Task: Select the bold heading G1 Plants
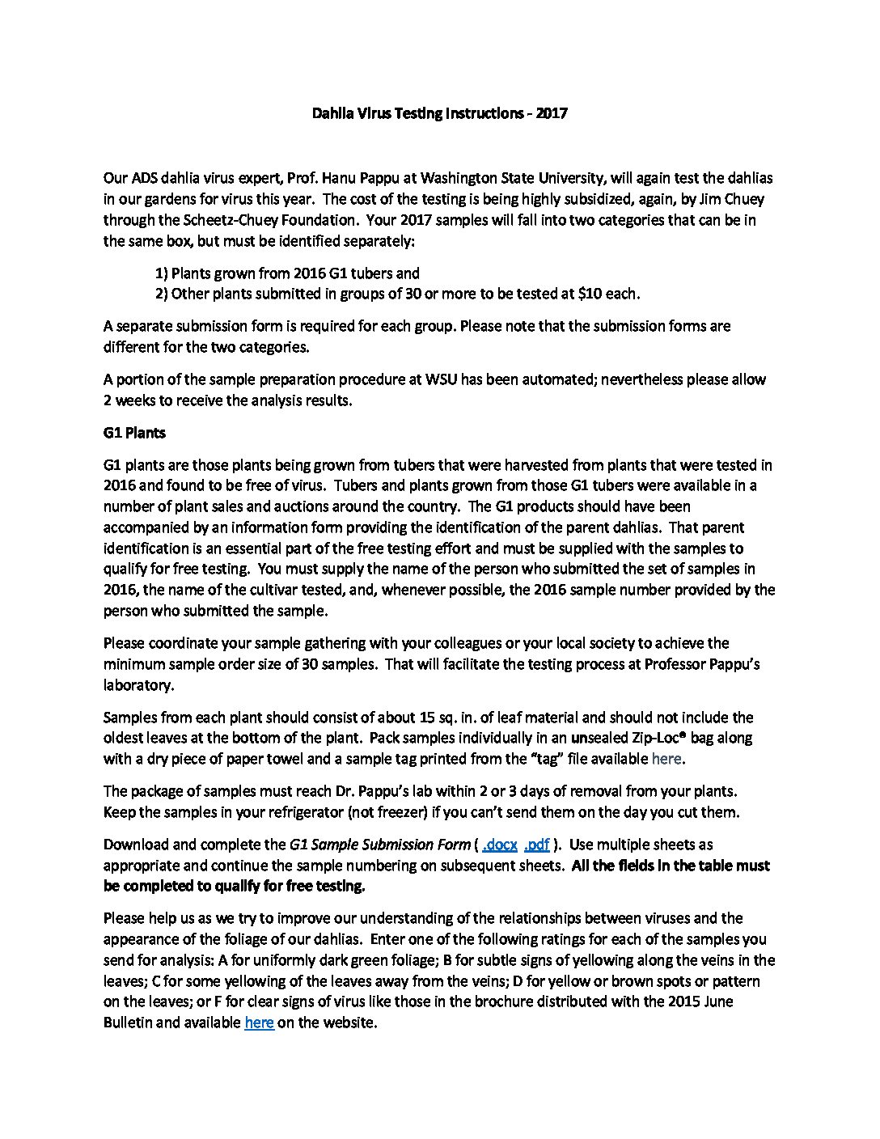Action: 134,433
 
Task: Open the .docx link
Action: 499,845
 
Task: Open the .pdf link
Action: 537,845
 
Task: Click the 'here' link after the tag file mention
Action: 666,759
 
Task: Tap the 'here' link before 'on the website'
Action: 259,1023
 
